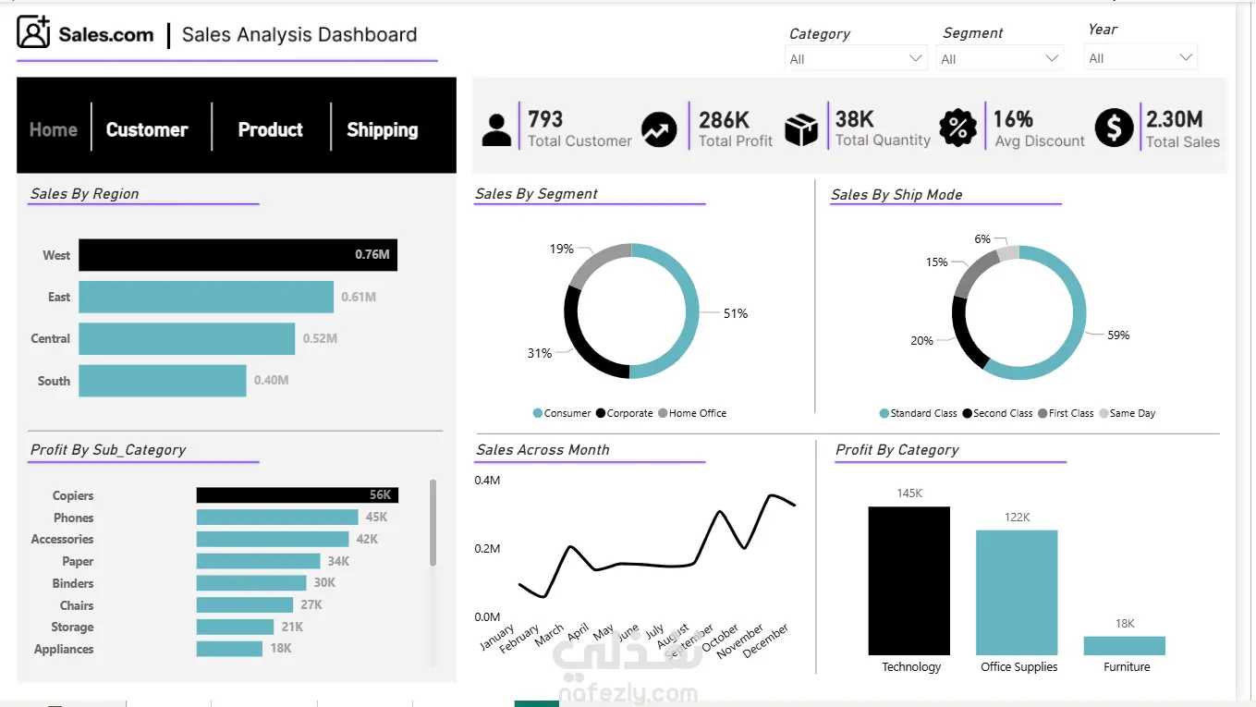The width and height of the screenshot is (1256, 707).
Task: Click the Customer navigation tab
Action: pyautogui.click(x=147, y=129)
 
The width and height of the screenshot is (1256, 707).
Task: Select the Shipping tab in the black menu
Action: pyautogui.click(x=383, y=130)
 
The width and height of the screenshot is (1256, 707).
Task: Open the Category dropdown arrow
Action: pyautogui.click(x=915, y=58)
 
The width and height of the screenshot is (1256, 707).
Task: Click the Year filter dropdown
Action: pyautogui.click(x=1140, y=57)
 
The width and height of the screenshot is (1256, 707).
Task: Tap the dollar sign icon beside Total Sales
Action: pyautogui.click(x=1114, y=128)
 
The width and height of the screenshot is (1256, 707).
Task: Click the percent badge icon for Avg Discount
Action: pyautogui.click(x=957, y=128)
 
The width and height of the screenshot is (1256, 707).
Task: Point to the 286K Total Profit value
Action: pyautogui.click(x=724, y=120)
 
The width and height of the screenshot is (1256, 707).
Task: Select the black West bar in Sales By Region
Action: pyautogui.click(x=238, y=255)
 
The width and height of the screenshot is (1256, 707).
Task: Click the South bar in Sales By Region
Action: pyautogui.click(x=162, y=381)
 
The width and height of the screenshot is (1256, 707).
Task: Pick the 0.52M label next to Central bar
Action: pyautogui.click(x=320, y=338)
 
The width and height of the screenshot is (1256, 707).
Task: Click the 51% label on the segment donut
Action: pyautogui.click(x=736, y=313)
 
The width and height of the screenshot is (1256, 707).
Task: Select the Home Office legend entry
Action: pyautogui.click(x=692, y=413)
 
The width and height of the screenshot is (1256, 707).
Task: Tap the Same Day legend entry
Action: pyautogui.click(x=1128, y=413)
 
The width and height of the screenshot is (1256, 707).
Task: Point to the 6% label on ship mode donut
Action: pyautogui.click(x=982, y=238)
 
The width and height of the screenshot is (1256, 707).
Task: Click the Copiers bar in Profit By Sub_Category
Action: pyautogui.click(x=298, y=495)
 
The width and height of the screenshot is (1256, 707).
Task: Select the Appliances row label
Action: pyautogui.click(x=64, y=650)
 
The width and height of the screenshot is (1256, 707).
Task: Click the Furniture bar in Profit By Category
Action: pyautogui.click(x=1124, y=646)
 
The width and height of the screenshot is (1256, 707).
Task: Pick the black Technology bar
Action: pyautogui.click(x=908, y=581)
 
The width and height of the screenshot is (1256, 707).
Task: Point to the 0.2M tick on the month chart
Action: pyautogui.click(x=487, y=548)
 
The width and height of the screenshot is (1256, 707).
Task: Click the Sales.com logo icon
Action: pyautogui.click(x=33, y=32)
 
